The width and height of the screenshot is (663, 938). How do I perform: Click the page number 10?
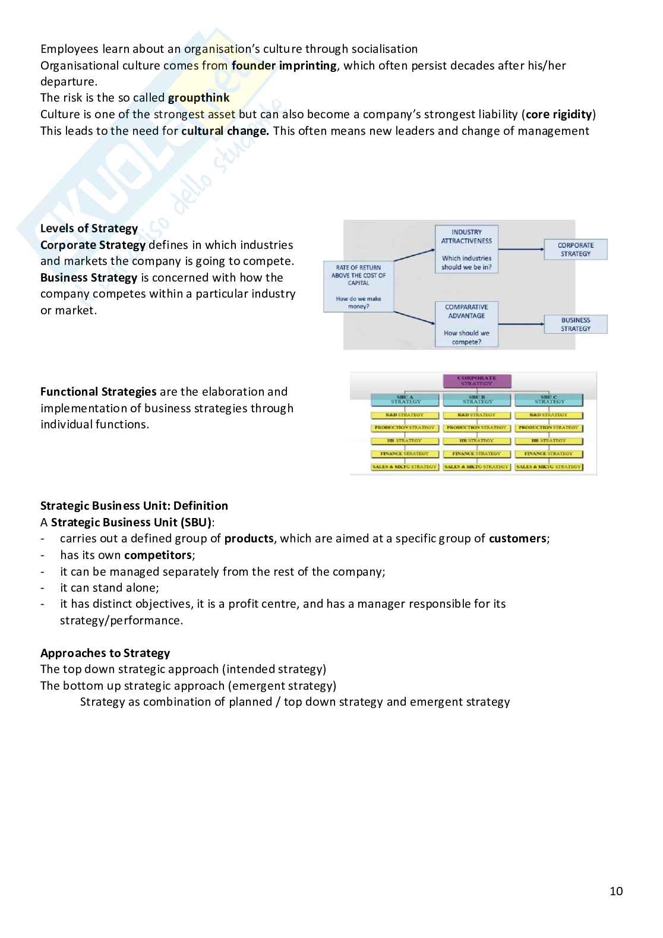tap(616, 891)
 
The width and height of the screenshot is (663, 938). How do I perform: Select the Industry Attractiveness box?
tap(466, 249)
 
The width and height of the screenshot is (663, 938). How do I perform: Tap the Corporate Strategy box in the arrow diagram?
tap(575, 249)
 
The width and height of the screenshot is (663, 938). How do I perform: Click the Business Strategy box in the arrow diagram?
tap(575, 324)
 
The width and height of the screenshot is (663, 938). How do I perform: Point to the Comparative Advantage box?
tap(466, 324)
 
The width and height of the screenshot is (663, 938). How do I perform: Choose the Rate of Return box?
tap(358, 286)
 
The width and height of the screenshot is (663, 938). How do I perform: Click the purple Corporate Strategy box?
tap(476, 381)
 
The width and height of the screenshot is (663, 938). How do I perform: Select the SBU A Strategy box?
tap(405, 400)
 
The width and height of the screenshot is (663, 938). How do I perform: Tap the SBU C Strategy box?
tap(549, 400)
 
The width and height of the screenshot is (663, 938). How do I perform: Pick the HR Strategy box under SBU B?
tap(476, 441)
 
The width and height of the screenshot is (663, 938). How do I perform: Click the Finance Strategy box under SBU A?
tap(405, 454)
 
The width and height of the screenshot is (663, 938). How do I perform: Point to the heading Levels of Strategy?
tap(89, 229)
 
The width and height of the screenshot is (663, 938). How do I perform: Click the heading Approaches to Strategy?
tap(105, 653)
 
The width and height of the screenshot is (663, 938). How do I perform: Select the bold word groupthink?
tap(198, 98)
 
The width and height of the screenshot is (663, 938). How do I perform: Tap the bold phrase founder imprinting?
tap(284, 65)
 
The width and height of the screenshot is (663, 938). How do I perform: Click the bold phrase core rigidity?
tap(559, 115)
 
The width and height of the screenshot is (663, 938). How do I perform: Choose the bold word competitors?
tap(158, 555)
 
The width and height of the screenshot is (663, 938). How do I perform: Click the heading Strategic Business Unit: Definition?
tap(134, 506)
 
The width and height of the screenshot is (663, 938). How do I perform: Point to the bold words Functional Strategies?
tap(99, 392)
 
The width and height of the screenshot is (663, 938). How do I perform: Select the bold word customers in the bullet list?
tap(517, 539)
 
